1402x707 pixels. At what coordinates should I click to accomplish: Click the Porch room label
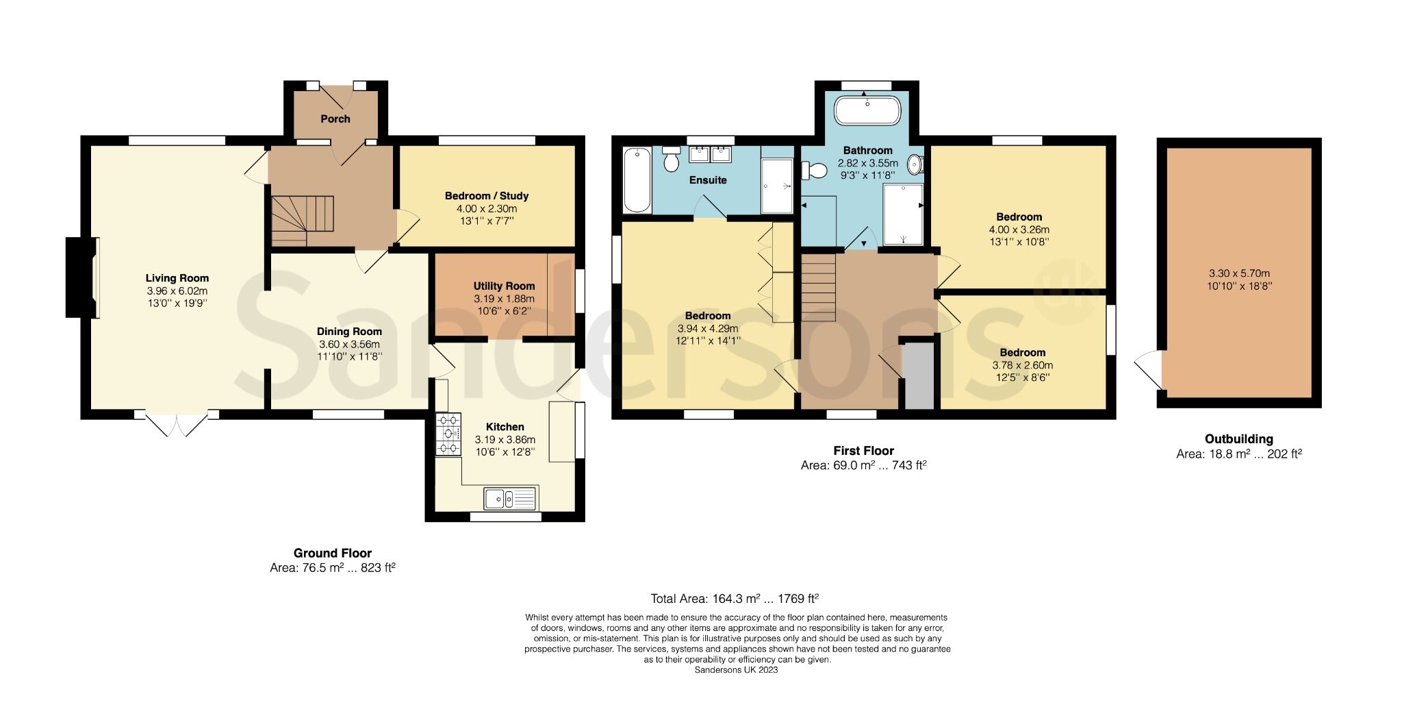(x=335, y=119)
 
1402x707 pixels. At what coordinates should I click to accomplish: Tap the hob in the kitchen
(x=448, y=434)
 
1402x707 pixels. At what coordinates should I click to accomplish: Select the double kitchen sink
(x=510, y=498)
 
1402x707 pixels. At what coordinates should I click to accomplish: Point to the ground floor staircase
(x=301, y=220)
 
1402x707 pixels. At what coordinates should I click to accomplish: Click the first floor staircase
(x=819, y=286)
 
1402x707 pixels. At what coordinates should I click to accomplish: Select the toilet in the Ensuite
(x=670, y=159)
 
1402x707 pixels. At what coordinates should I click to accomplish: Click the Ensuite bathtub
(x=637, y=180)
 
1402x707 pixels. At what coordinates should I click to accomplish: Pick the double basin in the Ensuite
(x=711, y=153)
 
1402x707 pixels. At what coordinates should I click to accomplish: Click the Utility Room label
(x=504, y=286)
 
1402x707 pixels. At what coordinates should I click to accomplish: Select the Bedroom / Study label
(x=486, y=196)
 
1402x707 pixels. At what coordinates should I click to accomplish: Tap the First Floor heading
(x=863, y=451)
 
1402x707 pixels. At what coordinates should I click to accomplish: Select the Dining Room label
(x=349, y=332)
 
